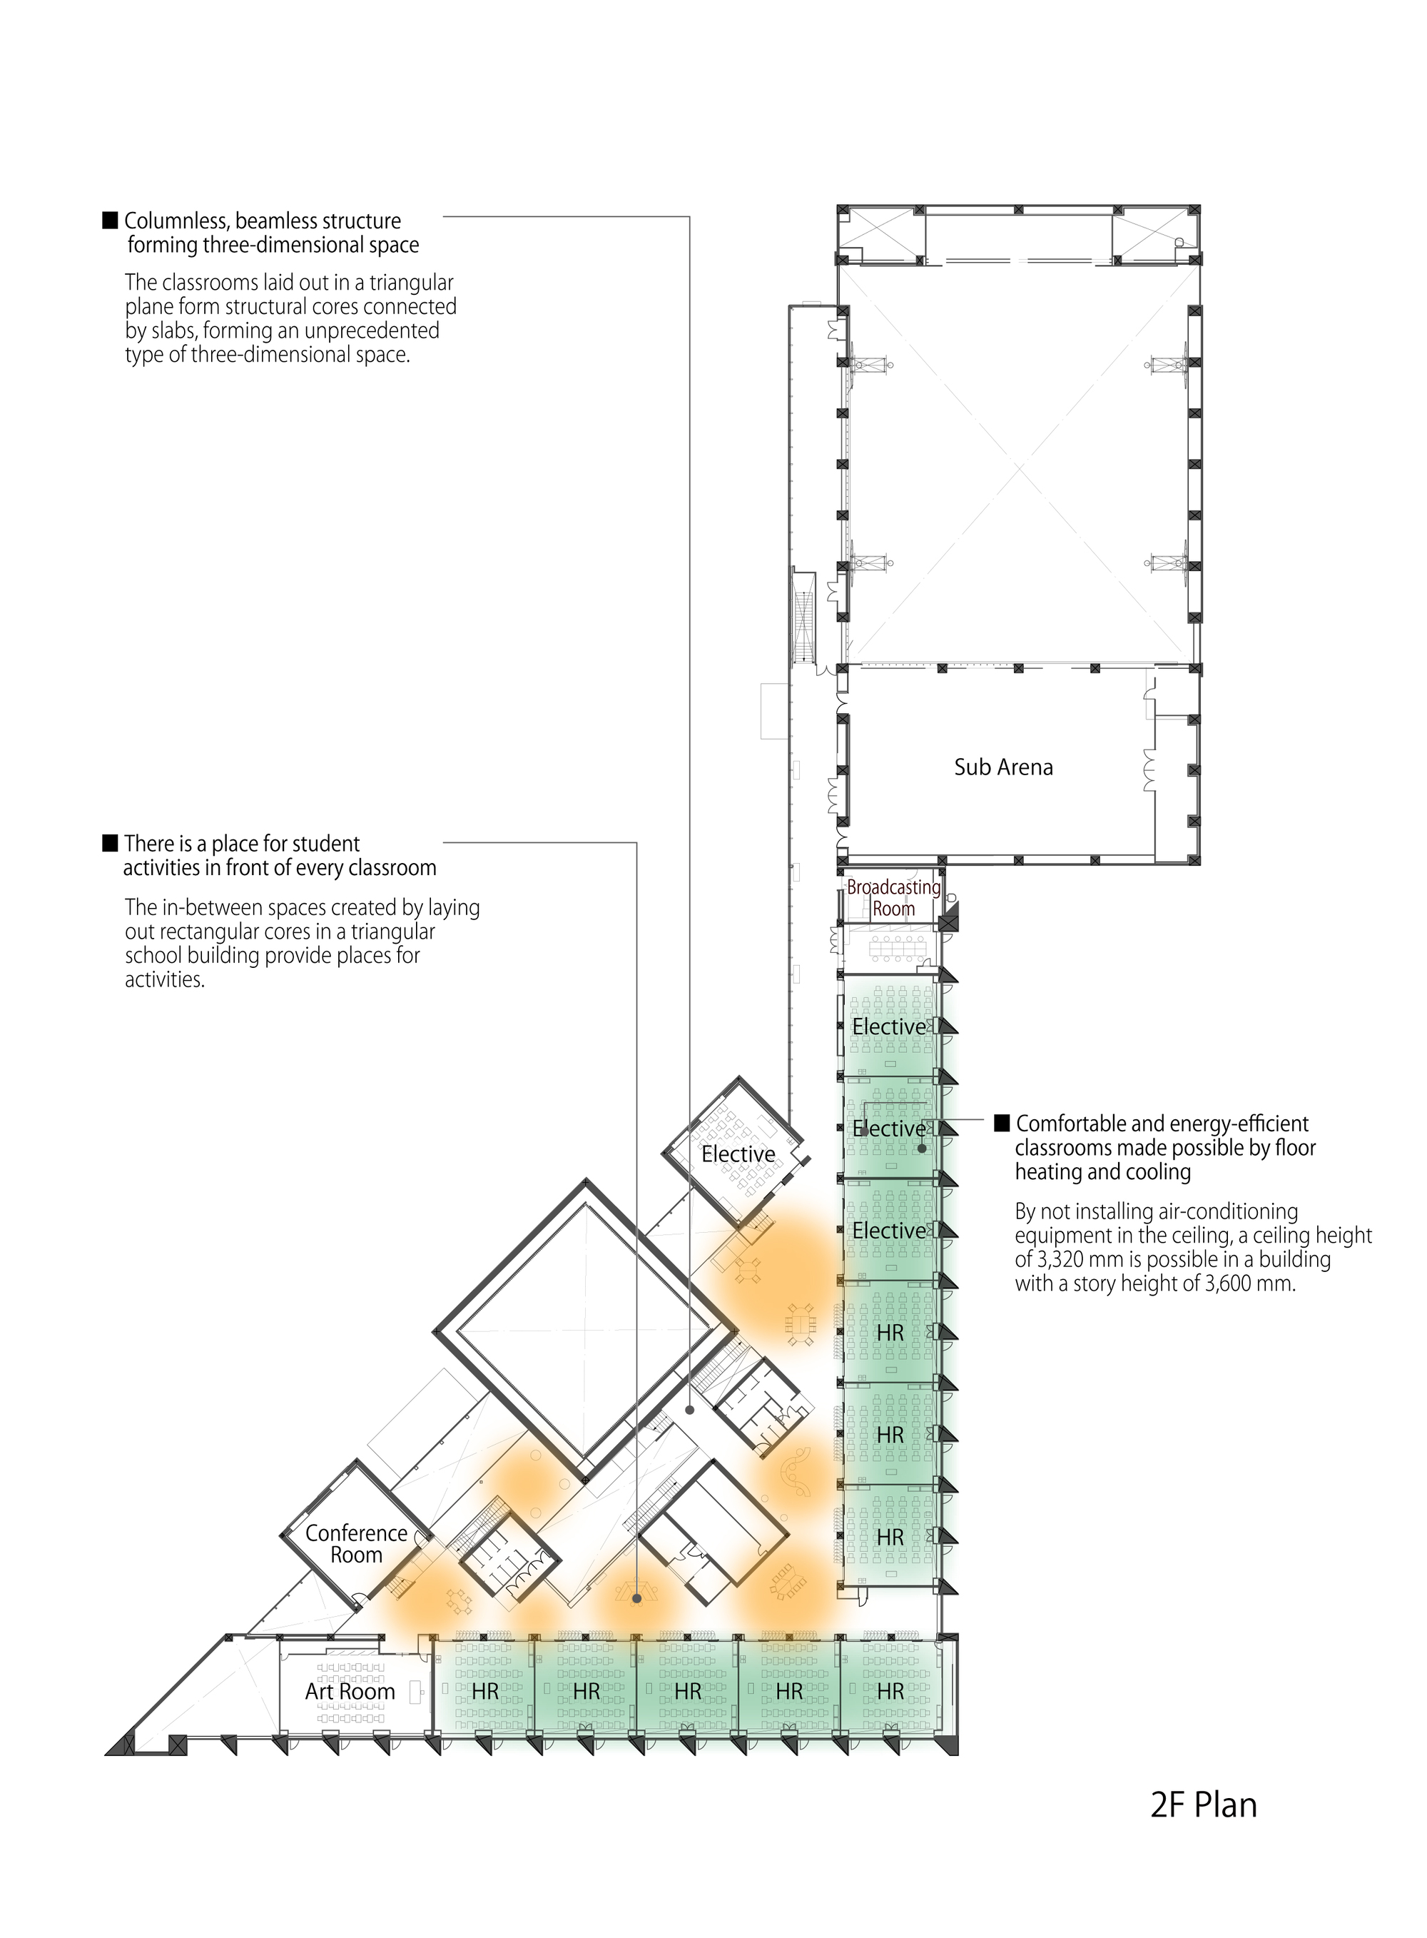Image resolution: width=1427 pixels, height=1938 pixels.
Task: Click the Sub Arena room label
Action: (1003, 767)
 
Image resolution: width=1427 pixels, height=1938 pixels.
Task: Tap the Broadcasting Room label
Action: (893, 898)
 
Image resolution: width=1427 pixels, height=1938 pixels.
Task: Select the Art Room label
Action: (350, 1692)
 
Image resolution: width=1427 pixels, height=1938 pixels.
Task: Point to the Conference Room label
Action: (356, 1544)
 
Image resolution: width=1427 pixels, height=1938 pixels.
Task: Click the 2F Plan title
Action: (1203, 1806)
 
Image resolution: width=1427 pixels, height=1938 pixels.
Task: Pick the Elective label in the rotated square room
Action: (738, 1154)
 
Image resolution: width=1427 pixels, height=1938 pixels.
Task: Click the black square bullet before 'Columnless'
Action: (110, 221)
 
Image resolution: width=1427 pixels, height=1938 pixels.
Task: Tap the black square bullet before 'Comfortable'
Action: (1002, 1124)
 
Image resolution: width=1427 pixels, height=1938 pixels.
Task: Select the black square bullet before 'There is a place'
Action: (110, 843)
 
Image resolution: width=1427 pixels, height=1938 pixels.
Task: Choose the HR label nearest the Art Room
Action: (484, 1692)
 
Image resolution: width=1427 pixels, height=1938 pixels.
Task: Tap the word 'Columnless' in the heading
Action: (176, 221)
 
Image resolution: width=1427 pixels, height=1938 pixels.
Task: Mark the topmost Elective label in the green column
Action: (889, 1027)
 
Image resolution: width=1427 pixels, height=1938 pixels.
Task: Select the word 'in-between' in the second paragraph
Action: (214, 907)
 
